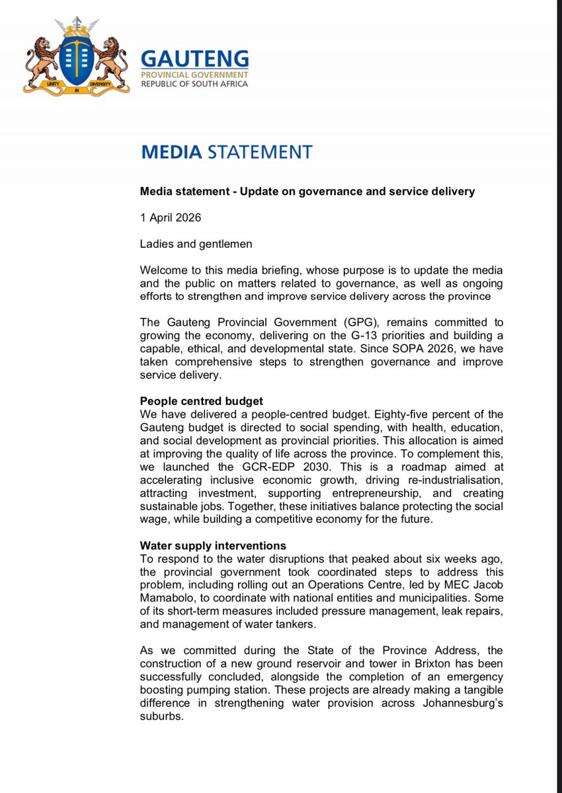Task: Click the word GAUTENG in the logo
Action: click(194, 58)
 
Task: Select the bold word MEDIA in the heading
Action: click(171, 152)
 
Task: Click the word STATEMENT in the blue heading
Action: click(259, 152)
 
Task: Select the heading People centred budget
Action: click(202, 401)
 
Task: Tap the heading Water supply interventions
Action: click(213, 545)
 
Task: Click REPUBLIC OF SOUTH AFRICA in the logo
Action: click(194, 84)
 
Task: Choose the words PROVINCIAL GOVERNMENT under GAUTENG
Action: click(194, 74)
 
